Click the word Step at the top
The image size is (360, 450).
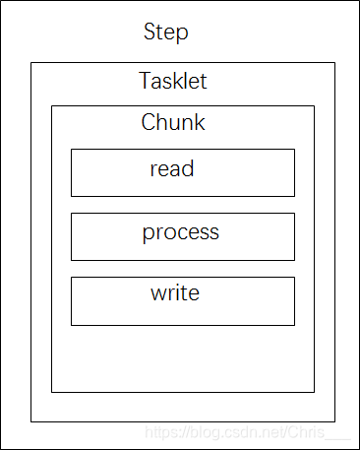165,32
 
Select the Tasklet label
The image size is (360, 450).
173,81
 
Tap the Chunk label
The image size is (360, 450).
173,123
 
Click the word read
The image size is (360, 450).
172,168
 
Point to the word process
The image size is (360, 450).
180,233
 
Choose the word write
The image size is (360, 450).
175,292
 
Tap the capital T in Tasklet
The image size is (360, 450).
146,81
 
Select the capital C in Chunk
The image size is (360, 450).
149,123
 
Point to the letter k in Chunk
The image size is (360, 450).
200,123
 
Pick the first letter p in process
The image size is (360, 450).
149,234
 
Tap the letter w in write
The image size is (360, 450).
157,293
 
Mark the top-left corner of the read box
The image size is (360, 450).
71,150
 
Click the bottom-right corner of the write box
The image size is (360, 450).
294,324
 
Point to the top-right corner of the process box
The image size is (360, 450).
294,214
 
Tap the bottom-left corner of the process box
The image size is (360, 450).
71,260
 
